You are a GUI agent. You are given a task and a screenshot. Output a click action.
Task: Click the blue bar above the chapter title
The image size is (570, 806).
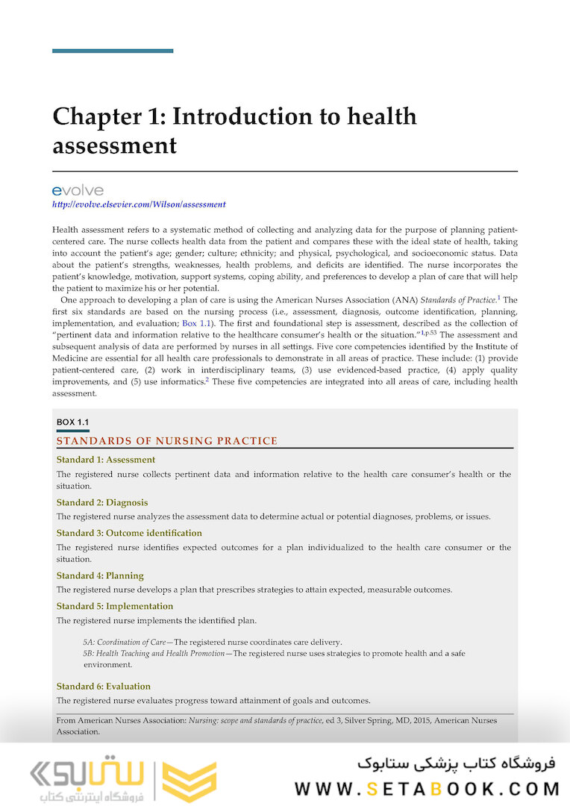[113, 51]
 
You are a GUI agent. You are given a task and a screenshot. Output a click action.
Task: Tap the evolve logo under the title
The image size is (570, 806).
[78, 191]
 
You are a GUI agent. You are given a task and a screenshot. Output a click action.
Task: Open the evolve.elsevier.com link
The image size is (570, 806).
[139, 204]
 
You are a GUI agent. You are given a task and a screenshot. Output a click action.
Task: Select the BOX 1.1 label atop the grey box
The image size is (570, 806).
[72, 422]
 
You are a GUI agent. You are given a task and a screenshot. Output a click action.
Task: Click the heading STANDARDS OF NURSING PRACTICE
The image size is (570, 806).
[167, 441]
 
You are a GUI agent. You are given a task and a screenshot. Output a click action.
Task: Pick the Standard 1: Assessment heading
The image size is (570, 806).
[106, 460]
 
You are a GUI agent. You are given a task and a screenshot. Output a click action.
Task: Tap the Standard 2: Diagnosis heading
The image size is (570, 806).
[102, 502]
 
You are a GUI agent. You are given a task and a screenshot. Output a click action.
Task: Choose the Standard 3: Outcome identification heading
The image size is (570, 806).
[129, 533]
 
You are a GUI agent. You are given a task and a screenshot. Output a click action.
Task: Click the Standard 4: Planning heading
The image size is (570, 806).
[100, 575]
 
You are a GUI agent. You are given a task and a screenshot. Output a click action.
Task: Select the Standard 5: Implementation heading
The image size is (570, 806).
[115, 606]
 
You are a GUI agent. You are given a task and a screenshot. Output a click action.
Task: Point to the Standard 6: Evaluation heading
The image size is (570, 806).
[104, 686]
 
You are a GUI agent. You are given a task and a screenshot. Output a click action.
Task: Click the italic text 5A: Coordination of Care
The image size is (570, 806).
[125, 642]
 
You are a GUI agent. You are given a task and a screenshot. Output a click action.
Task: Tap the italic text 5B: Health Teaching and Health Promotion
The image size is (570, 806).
[154, 653]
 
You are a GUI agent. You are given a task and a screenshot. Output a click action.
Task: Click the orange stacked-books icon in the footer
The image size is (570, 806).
[189, 781]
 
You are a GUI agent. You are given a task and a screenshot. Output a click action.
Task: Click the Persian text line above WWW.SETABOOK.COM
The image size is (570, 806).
[457, 763]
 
